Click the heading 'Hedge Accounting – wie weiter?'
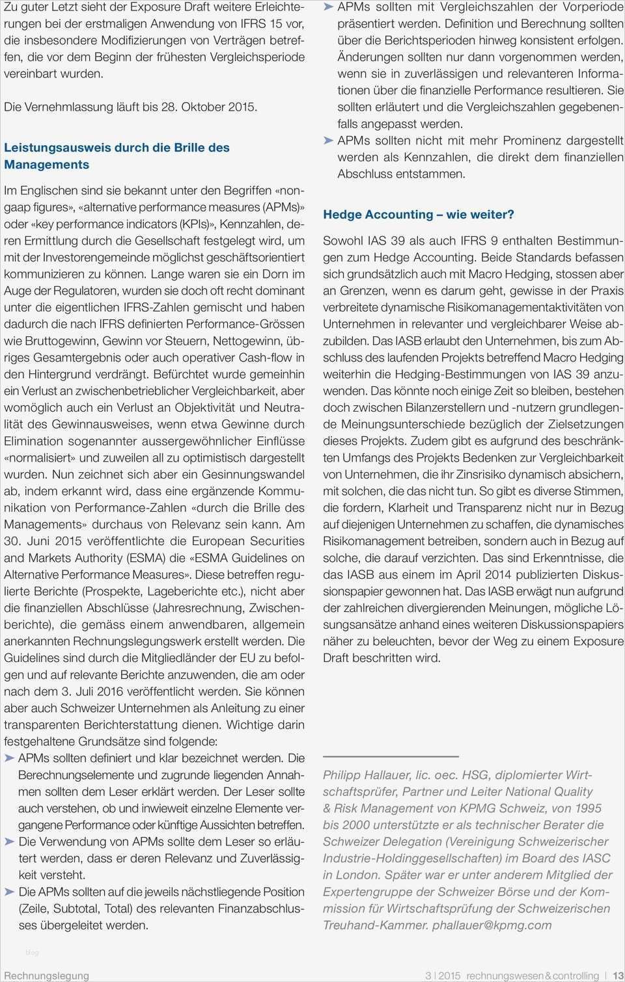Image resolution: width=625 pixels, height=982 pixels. pos(419,215)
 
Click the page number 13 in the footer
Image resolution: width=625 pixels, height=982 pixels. pos(618,975)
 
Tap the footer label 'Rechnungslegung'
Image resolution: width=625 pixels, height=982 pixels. pos(46,975)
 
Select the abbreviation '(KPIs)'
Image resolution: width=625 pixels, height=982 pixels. pos(195,224)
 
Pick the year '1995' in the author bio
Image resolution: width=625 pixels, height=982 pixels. pos(585,808)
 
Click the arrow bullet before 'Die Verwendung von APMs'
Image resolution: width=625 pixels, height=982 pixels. pos(10,842)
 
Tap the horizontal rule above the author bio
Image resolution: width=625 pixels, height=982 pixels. pos(391,756)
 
